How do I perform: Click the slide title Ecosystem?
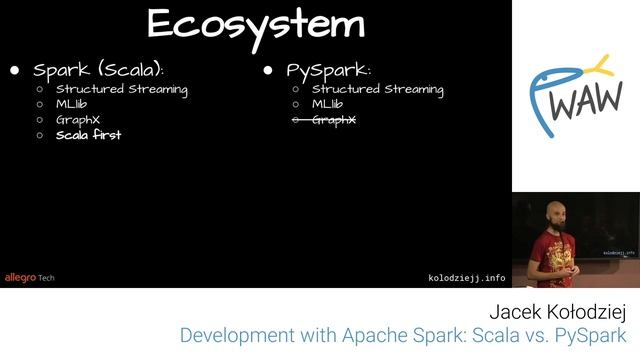256,24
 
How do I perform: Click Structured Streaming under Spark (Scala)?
122,89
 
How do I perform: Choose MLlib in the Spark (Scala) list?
72,104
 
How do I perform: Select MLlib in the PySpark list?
328,104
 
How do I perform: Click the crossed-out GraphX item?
334,120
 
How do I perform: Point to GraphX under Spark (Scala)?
78,120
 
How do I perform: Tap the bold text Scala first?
88,135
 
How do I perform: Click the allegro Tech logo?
29,277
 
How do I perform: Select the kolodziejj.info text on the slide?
466,277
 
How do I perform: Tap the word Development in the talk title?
233,336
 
